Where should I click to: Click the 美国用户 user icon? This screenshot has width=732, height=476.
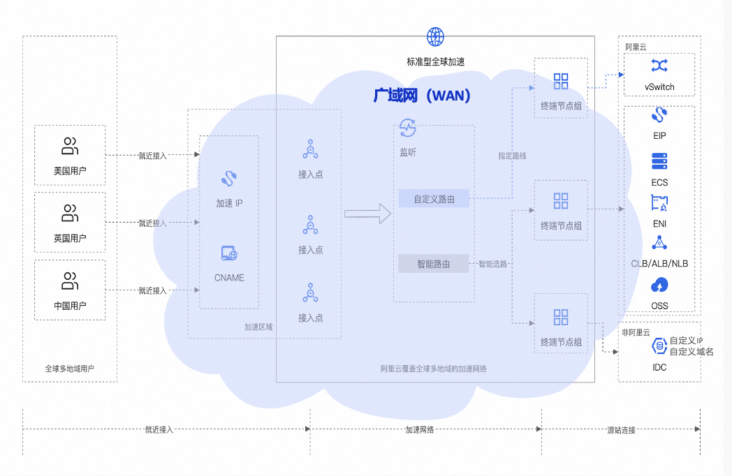click(x=70, y=147)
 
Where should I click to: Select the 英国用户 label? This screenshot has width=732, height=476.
click(x=70, y=239)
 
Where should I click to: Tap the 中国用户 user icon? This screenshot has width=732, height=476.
click(x=70, y=281)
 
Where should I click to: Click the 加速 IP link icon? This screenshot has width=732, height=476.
click(x=229, y=179)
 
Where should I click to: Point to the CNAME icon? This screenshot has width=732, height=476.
click(x=229, y=254)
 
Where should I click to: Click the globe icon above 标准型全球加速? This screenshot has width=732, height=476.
click(x=435, y=36)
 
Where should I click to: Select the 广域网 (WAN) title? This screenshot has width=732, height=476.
click(x=422, y=96)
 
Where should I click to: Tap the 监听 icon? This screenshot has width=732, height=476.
click(x=408, y=127)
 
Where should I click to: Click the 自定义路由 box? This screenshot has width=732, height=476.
click(x=434, y=199)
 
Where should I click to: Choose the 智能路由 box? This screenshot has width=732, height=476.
click(x=434, y=264)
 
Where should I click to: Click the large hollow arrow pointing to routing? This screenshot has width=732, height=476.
click(x=367, y=214)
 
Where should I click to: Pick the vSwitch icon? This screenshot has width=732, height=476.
click(x=659, y=66)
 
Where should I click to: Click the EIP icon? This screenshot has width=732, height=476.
click(x=659, y=114)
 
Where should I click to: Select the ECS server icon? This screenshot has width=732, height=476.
click(x=659, y=161)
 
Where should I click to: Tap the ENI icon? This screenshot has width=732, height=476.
click(x=659, y=203)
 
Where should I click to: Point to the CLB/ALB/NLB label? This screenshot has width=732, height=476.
click(x=659, y=264)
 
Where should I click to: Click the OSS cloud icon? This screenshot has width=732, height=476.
click(x=659, y=285)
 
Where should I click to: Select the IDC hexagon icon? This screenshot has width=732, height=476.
click(x=659, y=345)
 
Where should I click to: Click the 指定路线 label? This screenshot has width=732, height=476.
click(x=512, y=156)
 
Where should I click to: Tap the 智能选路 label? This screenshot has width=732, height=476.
click(x=492, y=265)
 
